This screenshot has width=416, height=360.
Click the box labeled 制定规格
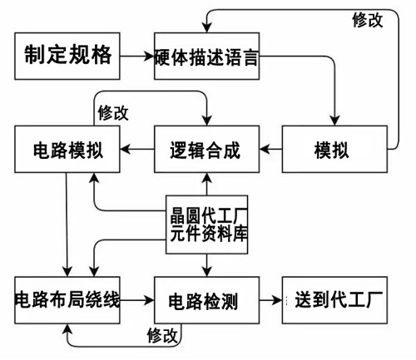[67, 56]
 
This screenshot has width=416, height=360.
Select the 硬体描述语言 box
[206, 56]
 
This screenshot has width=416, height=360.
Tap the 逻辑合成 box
[206, 149]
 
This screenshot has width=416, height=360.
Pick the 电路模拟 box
[67, 149]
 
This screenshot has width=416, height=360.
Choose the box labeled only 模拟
[334, 149]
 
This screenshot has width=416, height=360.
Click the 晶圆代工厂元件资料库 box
[206, 224]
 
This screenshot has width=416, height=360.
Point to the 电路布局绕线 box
[67, 300]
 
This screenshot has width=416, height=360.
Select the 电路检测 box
[206, 300]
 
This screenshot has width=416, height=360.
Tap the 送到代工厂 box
[334, 300]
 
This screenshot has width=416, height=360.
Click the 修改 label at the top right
[368, 20]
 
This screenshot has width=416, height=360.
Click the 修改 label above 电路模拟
[113, 113]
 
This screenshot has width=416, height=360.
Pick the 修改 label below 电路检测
[162, 335]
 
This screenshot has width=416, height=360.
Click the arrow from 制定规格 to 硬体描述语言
[137, 57]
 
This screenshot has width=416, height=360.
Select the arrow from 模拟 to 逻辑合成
[270, 149]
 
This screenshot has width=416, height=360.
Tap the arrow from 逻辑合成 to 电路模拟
[137, 149]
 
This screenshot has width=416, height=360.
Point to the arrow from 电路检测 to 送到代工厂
[270, 300]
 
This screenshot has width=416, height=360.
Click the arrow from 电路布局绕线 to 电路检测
[137, 300]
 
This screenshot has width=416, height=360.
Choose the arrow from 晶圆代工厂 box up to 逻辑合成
[206, 184]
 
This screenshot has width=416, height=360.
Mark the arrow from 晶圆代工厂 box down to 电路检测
[206, 265]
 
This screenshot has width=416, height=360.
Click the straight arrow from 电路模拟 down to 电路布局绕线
[67, 224]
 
